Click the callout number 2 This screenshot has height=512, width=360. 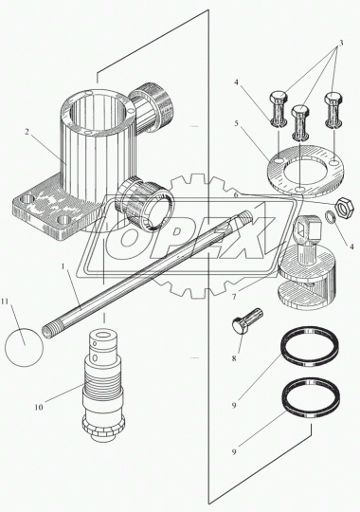27,132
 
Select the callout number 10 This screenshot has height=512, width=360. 39,407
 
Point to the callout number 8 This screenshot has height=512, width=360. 234,358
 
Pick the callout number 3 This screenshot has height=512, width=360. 340,43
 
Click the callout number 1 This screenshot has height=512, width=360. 63,266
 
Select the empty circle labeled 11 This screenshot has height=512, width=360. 24,347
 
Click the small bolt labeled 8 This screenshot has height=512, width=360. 246,320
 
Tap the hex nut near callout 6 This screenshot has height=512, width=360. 344,207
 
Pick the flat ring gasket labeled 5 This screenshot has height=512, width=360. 305,171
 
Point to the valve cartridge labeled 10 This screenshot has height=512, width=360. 102,387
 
